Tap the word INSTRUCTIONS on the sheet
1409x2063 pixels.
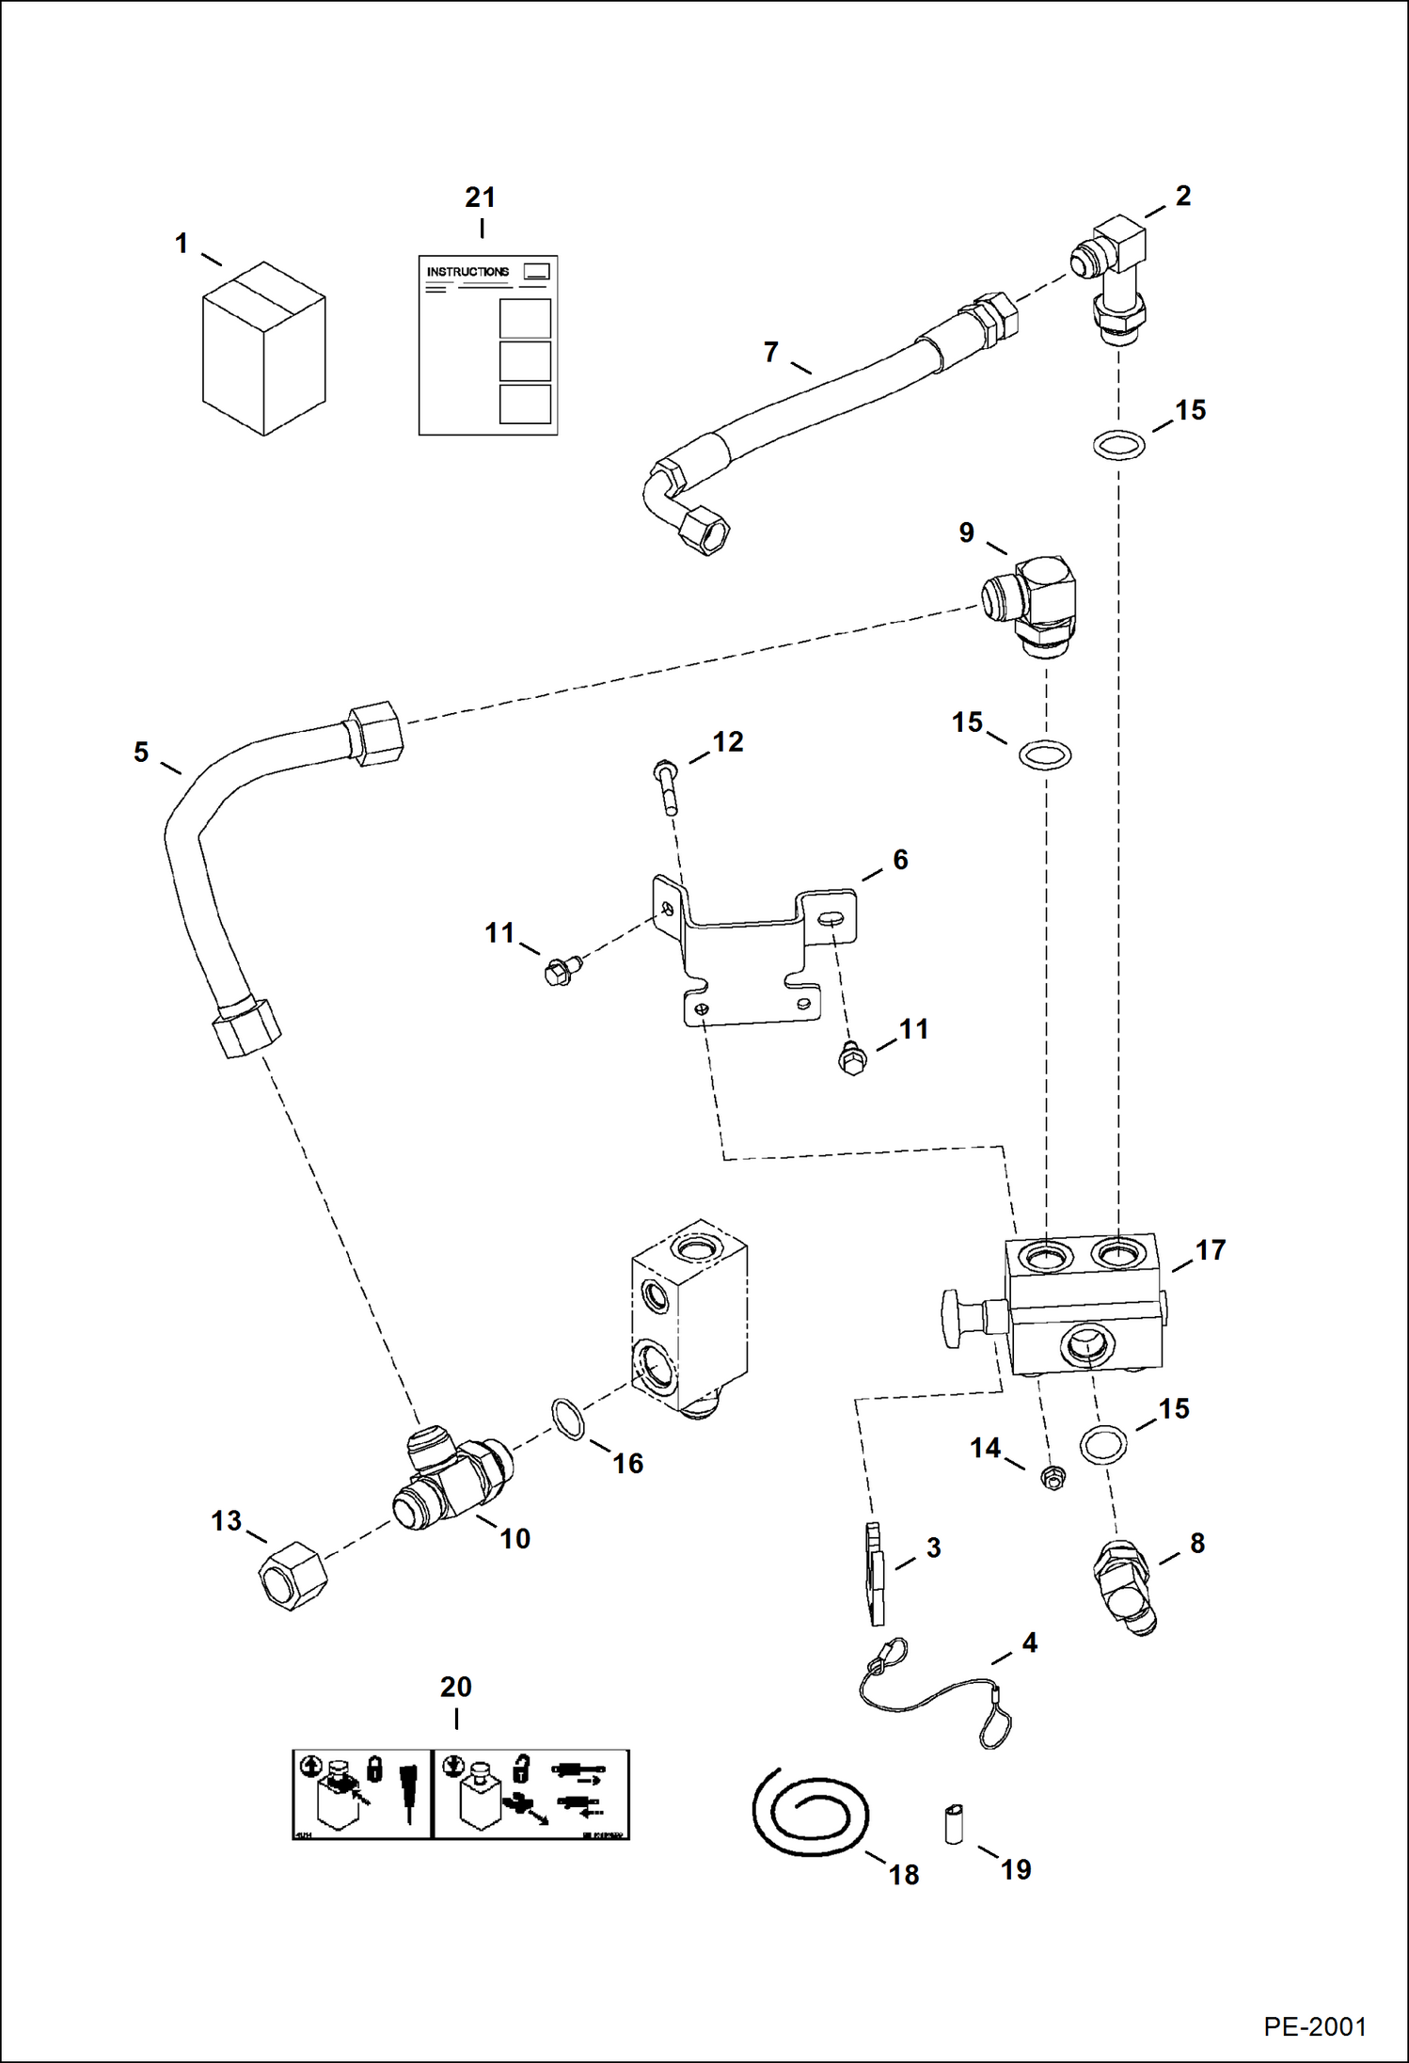click(x=467, y=272)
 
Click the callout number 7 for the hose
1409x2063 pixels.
click(x=771, y=352)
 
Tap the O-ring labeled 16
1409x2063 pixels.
click(x=566, y=1419)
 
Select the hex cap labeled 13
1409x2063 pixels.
click(x=293, y=1576)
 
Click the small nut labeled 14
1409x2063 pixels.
click(x=1053, y=1479)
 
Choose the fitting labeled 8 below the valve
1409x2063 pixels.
click(x=1124, y=1588)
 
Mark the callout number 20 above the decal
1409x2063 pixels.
click(x=455, y=1687)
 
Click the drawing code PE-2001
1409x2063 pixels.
click(x=1314, y=2025)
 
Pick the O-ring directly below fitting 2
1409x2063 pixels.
click(x=1119, y=443)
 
